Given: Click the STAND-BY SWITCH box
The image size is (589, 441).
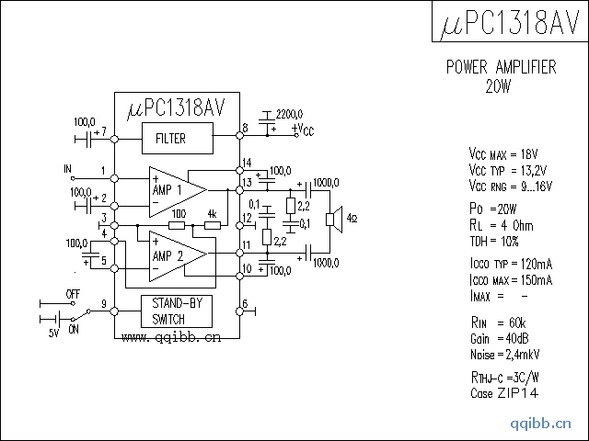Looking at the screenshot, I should coord(176,311).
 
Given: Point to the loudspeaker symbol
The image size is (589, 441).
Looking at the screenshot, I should coord(336,219).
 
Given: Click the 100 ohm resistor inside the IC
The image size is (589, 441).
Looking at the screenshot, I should coord(178,224).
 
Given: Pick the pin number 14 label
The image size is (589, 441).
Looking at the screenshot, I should coord(247,164).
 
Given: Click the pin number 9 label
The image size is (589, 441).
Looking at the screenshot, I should coord(104,303).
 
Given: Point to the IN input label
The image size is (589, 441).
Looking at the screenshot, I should coord(67,169).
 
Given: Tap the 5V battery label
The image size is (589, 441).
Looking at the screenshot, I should coord(53,334).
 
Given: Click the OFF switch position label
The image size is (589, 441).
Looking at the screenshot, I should coord(73,294).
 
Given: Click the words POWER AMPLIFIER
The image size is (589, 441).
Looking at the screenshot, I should coord(501,67).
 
